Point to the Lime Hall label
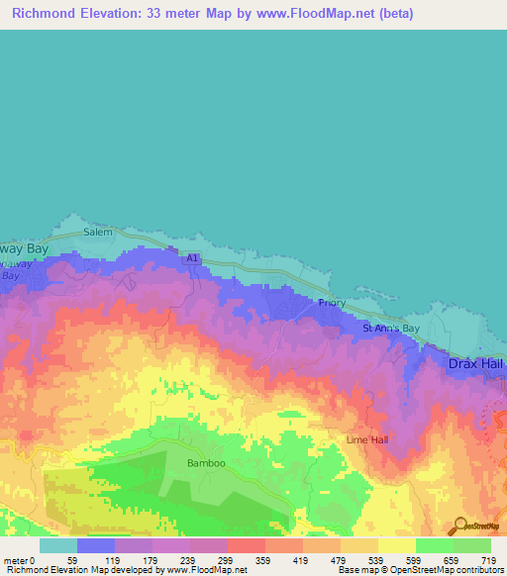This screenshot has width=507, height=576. (x=364, y=438)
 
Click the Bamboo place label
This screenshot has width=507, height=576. (x=206, y=463)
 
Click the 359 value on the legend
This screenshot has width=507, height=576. (x=264, y=560)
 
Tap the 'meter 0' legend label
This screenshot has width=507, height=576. (x=18, y=560)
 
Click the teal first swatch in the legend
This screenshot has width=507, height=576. (x=57, y=545)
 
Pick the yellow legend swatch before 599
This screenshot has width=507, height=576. (x=396, y=545)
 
